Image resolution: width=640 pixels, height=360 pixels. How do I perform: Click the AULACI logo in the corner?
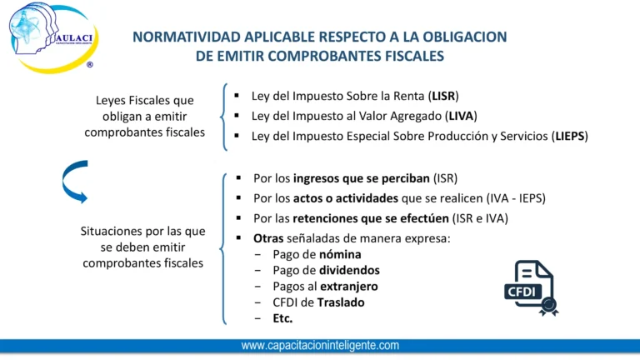click(52, 37)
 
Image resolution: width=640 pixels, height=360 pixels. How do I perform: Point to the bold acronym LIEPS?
click(570, 136)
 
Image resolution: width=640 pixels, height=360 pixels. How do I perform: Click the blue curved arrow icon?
click(74, 181)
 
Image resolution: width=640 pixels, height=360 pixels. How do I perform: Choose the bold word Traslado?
click(337, 302)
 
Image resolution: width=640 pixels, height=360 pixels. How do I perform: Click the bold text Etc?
click(282, 318)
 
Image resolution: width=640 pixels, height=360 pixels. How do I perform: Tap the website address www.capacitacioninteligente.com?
click(320, 345)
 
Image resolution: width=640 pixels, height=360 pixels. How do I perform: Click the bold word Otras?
click(268, 238)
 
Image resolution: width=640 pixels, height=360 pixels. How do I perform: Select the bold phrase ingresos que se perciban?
click(362, 178)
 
